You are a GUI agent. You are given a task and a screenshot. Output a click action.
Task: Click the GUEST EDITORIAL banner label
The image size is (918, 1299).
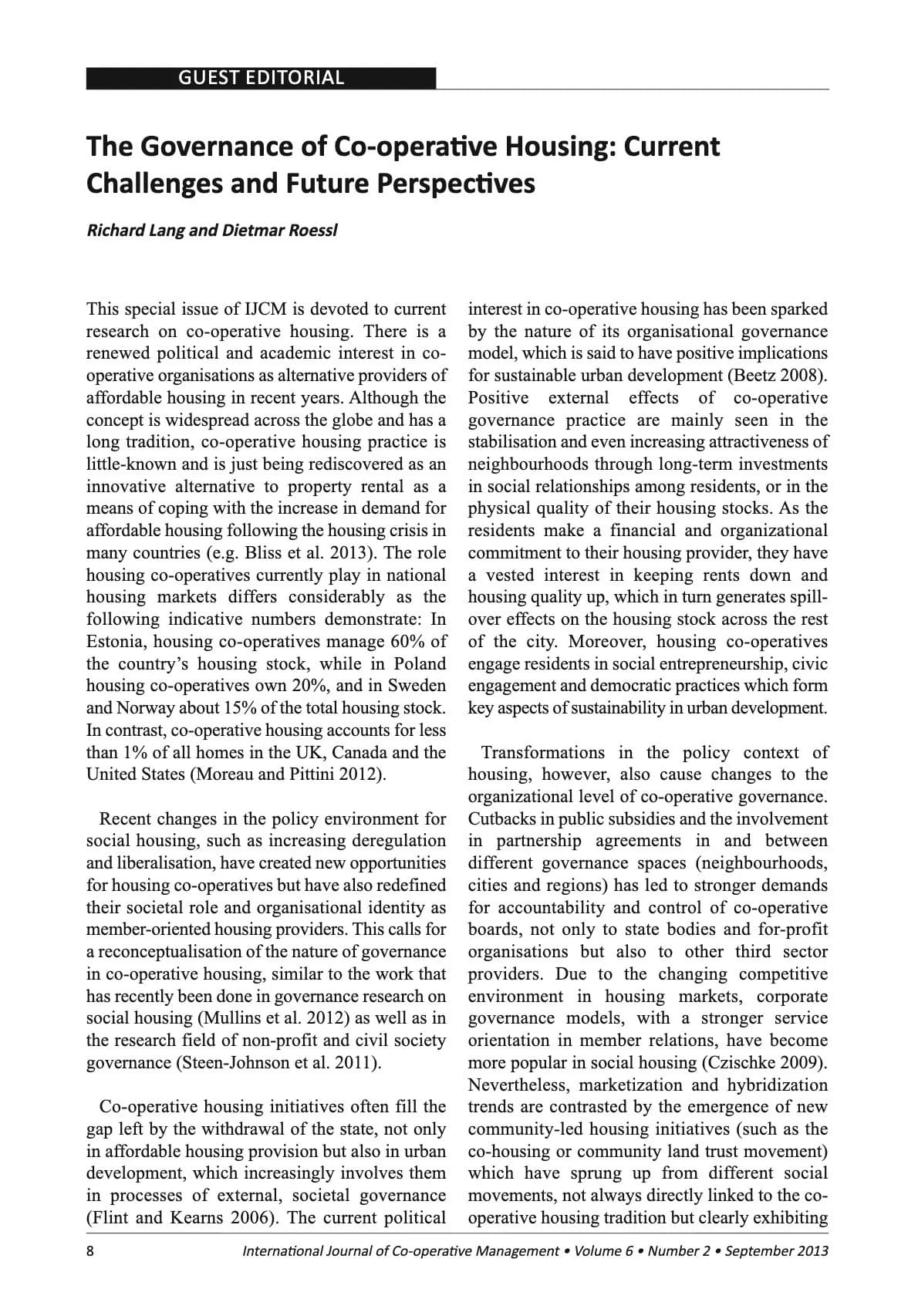(x=261, y=78)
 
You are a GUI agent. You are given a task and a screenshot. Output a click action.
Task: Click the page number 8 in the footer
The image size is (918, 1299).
(x=90, y=1251)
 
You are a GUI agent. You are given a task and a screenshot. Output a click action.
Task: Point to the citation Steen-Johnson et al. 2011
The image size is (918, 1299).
(x=277, y=1063)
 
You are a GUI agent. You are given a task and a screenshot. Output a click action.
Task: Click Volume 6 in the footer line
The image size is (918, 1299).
(x=602, y=1251)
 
